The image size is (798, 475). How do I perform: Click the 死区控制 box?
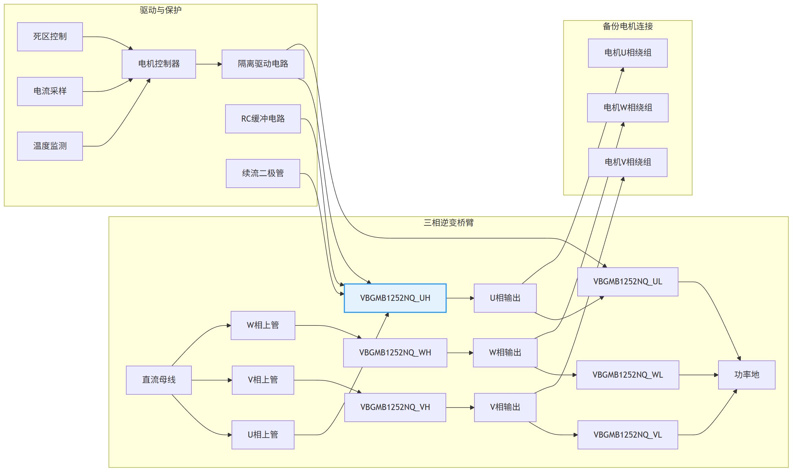(50, 37)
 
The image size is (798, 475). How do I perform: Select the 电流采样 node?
(50, 91)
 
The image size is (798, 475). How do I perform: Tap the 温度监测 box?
(50, 146)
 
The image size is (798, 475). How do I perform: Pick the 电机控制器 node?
(159, 64)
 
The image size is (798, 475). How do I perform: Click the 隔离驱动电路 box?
(263, 64)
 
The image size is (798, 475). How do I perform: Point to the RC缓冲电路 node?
(263, 119)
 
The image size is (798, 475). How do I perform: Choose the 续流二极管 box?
(263, 173)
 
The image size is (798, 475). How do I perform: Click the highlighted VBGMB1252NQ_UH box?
(395, 298)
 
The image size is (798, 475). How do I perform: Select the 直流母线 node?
(159, 380)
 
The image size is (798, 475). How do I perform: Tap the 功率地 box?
(746, 375)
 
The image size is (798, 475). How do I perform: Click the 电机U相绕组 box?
(627, 53)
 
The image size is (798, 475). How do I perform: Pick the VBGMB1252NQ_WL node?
(627, 375)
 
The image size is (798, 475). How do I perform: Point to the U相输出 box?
(505, 298)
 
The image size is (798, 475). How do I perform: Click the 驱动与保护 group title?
(160, 10)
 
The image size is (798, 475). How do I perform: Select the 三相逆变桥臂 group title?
(448, 222)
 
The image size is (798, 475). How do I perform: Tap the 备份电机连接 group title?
(627, 26)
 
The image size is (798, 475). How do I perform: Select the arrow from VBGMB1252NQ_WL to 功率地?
(698, 375)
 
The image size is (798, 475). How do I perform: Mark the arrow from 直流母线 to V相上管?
(211, 380)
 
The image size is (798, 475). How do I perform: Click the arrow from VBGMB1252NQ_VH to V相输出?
(460, 407)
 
